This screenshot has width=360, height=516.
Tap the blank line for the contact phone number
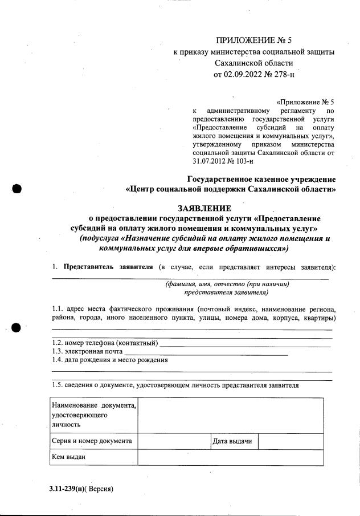245,343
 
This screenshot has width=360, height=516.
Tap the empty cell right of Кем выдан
231,457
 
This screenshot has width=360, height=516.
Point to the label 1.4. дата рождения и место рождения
110,360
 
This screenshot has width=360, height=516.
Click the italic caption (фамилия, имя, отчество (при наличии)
227,284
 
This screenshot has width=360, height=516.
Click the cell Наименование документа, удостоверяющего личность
93,415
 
